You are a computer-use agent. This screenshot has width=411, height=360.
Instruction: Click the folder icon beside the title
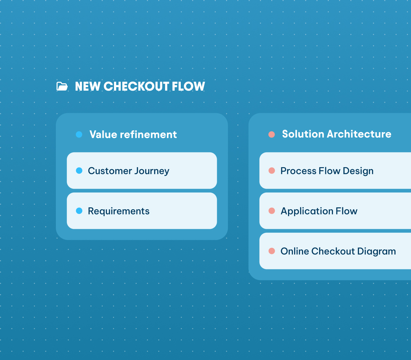click(62, 86)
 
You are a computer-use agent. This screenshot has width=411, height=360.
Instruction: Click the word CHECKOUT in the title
click(136, 86)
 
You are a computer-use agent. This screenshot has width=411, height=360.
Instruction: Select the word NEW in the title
click(87, 86)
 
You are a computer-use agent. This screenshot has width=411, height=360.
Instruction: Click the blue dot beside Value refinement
click(79, 134)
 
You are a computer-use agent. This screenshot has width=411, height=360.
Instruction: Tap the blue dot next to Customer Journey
click(79, 171)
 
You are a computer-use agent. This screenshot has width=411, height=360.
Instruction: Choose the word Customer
click(109, 171)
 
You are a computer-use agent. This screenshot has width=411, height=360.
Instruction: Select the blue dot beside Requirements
click(79, 211)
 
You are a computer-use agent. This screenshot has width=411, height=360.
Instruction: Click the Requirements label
click(118, 211)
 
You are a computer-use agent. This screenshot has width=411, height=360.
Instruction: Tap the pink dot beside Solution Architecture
click(272, 134)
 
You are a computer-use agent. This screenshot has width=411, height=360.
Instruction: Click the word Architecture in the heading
click(359, 134)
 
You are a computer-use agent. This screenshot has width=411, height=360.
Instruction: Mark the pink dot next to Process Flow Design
click(272, 171)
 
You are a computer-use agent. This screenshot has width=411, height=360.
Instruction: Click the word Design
click(358, 171)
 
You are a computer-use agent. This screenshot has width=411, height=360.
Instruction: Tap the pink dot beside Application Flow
click(272, 211)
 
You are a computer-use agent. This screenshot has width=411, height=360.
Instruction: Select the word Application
click(307, 211)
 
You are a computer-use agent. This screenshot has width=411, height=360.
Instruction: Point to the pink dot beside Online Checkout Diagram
click(272, 251)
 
